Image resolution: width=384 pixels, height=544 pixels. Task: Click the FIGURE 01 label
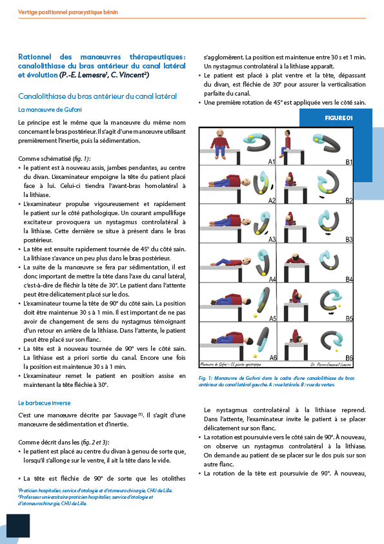point(339,118)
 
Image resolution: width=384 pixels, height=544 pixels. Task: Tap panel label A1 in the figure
point(271,162)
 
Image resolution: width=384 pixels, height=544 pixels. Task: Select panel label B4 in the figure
point(349,279)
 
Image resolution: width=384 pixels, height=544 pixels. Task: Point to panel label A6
point(273,357)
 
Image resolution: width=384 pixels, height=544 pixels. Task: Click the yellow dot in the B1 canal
point(316,140)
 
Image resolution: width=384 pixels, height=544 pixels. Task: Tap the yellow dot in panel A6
point(256,356)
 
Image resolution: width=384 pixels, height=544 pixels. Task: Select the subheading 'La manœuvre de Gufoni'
point(50,110)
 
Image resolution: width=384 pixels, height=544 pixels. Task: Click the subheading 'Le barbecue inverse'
point(45,403)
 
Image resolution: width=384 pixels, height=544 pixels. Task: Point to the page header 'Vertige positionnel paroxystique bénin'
point(68,12)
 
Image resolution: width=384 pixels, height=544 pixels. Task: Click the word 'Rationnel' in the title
point(35,57)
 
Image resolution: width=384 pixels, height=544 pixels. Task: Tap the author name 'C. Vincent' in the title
point(130,75)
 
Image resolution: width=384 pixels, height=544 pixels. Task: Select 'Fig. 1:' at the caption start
point(205,378)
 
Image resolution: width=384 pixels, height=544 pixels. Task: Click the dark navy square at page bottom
point(18,526)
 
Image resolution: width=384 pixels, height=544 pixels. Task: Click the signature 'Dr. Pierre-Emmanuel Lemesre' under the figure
point(330,364)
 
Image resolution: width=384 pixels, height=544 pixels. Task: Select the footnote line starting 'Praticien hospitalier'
point(96,490)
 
